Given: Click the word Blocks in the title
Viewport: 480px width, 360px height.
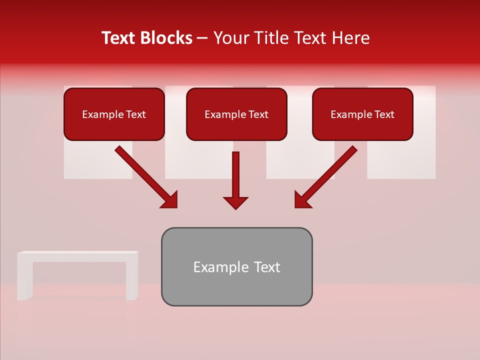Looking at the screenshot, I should [x=167, y=38].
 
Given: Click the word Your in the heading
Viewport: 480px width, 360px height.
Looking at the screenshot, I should [x=231, y=38].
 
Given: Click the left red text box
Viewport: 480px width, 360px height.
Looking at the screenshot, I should [x=114, y=114].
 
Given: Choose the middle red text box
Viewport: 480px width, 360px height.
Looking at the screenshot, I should [x=236, y=114].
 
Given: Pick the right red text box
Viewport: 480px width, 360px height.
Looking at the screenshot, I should [x=362, y=114].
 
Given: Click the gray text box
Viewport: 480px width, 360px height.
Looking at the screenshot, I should [x=236, y=266].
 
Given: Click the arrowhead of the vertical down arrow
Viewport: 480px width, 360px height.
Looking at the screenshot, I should [x=235, y=202].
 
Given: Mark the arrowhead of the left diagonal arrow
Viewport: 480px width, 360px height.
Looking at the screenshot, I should [x=170, y=200].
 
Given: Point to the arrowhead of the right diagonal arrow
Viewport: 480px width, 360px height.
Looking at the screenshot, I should [x=302, y=200].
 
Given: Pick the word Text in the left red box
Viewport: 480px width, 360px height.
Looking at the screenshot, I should [x=136, y=114].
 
